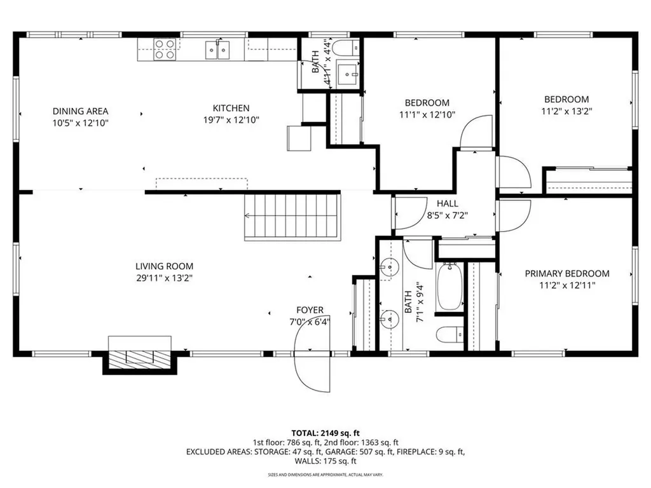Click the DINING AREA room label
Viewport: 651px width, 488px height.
click(x=81, y=111)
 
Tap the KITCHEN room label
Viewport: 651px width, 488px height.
click(x=231, y=109)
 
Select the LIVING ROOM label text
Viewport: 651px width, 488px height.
click(x=164, y=266)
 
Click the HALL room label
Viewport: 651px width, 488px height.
click(x=447, y=203)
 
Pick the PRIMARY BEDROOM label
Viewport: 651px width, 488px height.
click(x=566, y=274)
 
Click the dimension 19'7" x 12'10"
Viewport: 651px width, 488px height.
click(x=231, y=119)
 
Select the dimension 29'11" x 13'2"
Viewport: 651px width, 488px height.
click(x=164, y=277)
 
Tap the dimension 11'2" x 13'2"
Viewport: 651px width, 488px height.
click(x=566, y=111)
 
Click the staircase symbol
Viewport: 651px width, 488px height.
click(x=293, y=217)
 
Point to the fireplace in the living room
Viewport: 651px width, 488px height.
click(x=140, y=358)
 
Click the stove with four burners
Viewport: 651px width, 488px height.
click(x=165, y=49)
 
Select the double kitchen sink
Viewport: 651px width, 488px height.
click(x=217, y=49)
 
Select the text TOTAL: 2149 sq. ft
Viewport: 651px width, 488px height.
click(x=325, y=432)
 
